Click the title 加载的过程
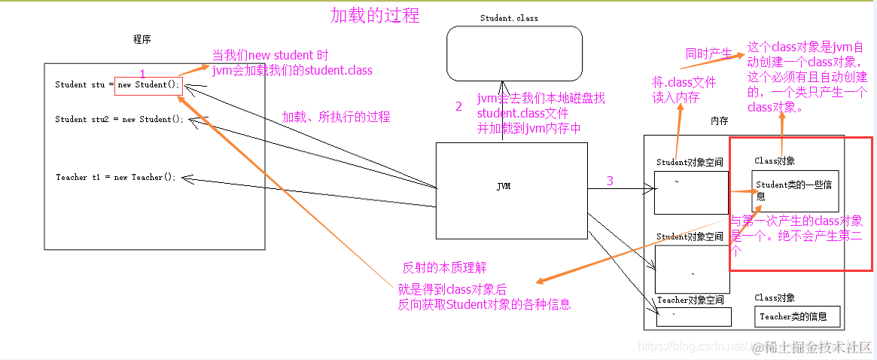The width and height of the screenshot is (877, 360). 375,15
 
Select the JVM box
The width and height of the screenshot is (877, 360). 511,187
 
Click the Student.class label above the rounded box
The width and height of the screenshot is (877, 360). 509,18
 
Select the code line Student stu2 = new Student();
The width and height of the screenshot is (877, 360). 119,119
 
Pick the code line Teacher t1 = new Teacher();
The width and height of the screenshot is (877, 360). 115,177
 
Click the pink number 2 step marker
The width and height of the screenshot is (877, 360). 458,107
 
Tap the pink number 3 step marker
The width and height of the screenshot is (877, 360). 610,181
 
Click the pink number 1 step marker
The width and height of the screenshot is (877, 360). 143,73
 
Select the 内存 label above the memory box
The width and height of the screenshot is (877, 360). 719,121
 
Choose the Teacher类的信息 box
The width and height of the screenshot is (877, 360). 796,317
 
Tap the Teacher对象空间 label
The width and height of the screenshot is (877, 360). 690,300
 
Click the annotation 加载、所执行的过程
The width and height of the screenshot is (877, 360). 336,117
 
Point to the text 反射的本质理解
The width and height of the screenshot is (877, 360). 444,267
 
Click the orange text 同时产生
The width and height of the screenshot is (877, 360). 708,53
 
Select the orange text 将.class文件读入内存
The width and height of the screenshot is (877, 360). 684,90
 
